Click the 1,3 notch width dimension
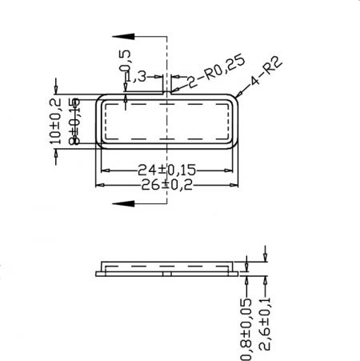[x=137, y=76]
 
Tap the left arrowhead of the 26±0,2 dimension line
[x=99, y=184]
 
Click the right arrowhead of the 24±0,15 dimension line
[x=233, y=169]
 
